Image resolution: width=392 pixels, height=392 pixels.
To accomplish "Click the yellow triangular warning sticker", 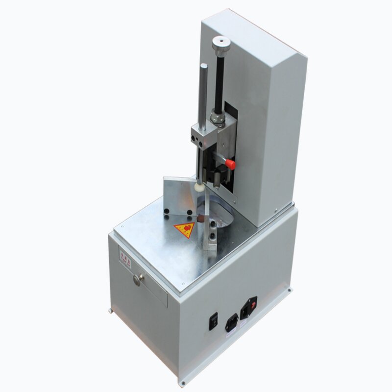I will pos(185,229).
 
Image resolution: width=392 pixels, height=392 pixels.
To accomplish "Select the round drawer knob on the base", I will pos(138,279).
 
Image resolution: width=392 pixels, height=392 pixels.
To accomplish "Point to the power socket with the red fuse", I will pos(248,308).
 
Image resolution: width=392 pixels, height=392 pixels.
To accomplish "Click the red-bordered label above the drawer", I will pos(125,258).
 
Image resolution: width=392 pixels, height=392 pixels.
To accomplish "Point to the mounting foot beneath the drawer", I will pos(112,310).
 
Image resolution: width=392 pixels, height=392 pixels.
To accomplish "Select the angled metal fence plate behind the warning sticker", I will pos(179,196).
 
